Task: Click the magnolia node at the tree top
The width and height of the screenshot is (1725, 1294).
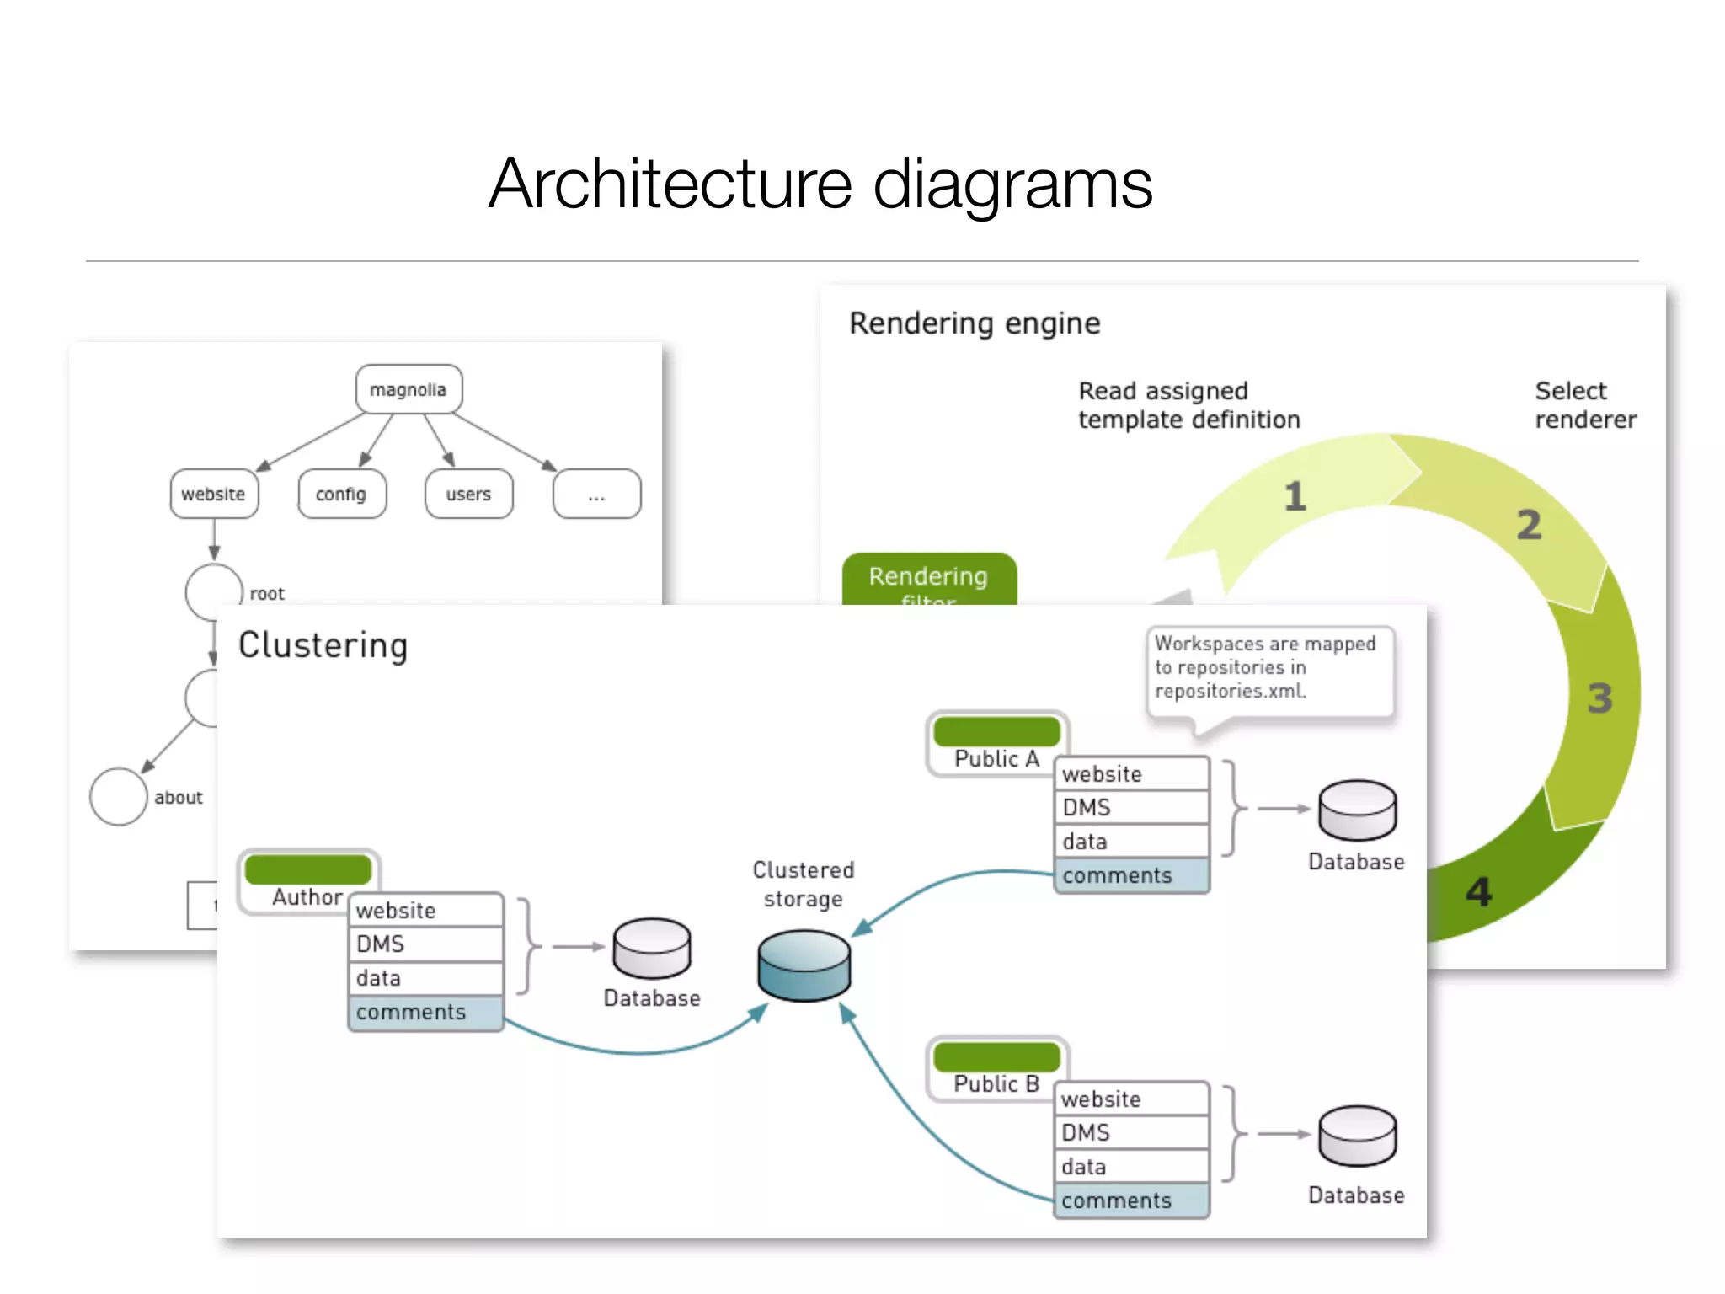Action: (x=409, y=389)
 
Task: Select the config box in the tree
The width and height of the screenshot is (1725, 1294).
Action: (x=341, y=494)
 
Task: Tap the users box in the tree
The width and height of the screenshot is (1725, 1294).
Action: (x=468, y=494)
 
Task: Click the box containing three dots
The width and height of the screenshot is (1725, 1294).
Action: (x=596, y=494)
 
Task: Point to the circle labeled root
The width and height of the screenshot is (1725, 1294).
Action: (x=214, y=591)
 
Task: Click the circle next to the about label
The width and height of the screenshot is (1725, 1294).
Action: (x=119, y=796)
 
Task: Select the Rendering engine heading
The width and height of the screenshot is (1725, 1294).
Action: (x=975, y=323)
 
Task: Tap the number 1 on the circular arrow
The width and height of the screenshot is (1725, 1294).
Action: (x=1295, y=496)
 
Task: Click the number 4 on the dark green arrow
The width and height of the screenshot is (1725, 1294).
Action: (x=1479, y=892)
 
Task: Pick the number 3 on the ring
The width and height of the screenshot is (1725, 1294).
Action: (x=1599, y=698)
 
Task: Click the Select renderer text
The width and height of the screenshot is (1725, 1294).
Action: (x=1584, y=405)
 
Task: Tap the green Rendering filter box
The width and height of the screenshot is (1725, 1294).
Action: (x=929, y=580)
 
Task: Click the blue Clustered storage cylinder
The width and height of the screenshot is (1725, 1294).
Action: (x=804, y=965)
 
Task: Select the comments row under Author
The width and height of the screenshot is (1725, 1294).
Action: (x=425, y=1013)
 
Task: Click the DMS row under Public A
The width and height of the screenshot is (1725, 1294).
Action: (x=1131, y=808)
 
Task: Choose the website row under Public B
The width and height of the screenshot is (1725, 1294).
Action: (x=1131, y=1099)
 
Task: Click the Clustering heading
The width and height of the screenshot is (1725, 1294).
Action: (x=323, y=646)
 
